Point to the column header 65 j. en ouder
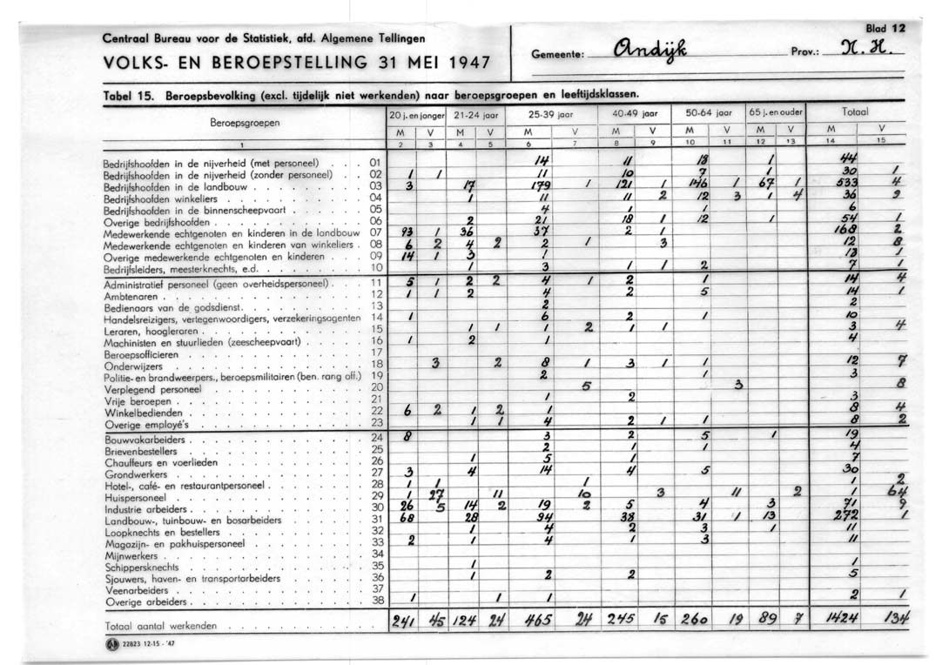[x=776, y=113]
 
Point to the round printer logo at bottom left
[x=111, y=645]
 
